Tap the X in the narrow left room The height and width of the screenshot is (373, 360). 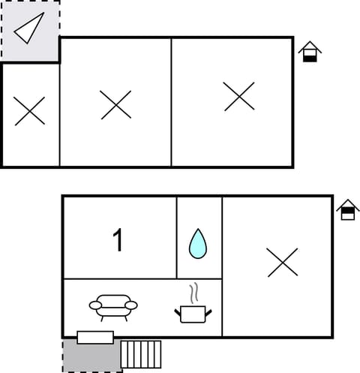30,111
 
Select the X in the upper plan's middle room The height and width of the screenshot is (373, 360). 115,104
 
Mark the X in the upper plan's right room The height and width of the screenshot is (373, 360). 239,97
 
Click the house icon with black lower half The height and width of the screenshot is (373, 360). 309,53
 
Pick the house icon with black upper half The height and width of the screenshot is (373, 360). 347,210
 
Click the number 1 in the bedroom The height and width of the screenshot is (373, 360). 117,241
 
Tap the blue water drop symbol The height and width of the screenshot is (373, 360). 197,244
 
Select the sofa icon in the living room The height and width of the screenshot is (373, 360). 113,307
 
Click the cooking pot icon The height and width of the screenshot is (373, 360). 193,314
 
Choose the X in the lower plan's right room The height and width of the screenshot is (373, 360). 282,262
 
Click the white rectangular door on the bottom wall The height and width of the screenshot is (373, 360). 95,337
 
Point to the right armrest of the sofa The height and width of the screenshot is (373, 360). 132,305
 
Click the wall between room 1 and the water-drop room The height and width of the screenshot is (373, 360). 177,237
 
